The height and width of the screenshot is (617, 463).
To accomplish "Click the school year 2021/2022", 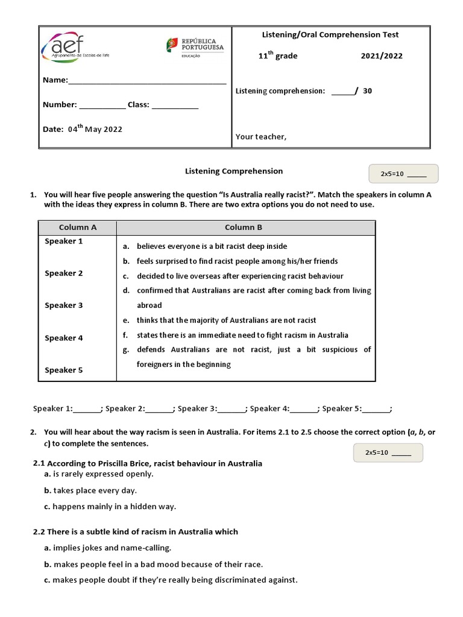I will [x=382, y=56].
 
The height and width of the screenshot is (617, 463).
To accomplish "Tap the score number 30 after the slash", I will [x=367, y=91].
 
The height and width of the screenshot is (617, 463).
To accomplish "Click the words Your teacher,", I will [x=261, y=137].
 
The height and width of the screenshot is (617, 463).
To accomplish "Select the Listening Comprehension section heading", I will [x=233, y=171].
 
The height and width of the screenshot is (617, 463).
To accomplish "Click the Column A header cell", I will [x=78, y=228].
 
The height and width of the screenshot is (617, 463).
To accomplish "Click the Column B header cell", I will [x=244, y=228].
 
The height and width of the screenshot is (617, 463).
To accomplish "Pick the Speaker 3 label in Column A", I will [x=64, y=305].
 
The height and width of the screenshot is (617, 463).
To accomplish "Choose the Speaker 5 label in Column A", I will [x=64, y=371].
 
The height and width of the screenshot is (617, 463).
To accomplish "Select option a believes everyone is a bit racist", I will [x=212, y=246].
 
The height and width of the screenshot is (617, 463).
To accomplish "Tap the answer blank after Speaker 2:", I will [x=159, y=409].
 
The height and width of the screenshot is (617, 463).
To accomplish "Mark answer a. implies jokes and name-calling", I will [x=108, y=548].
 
